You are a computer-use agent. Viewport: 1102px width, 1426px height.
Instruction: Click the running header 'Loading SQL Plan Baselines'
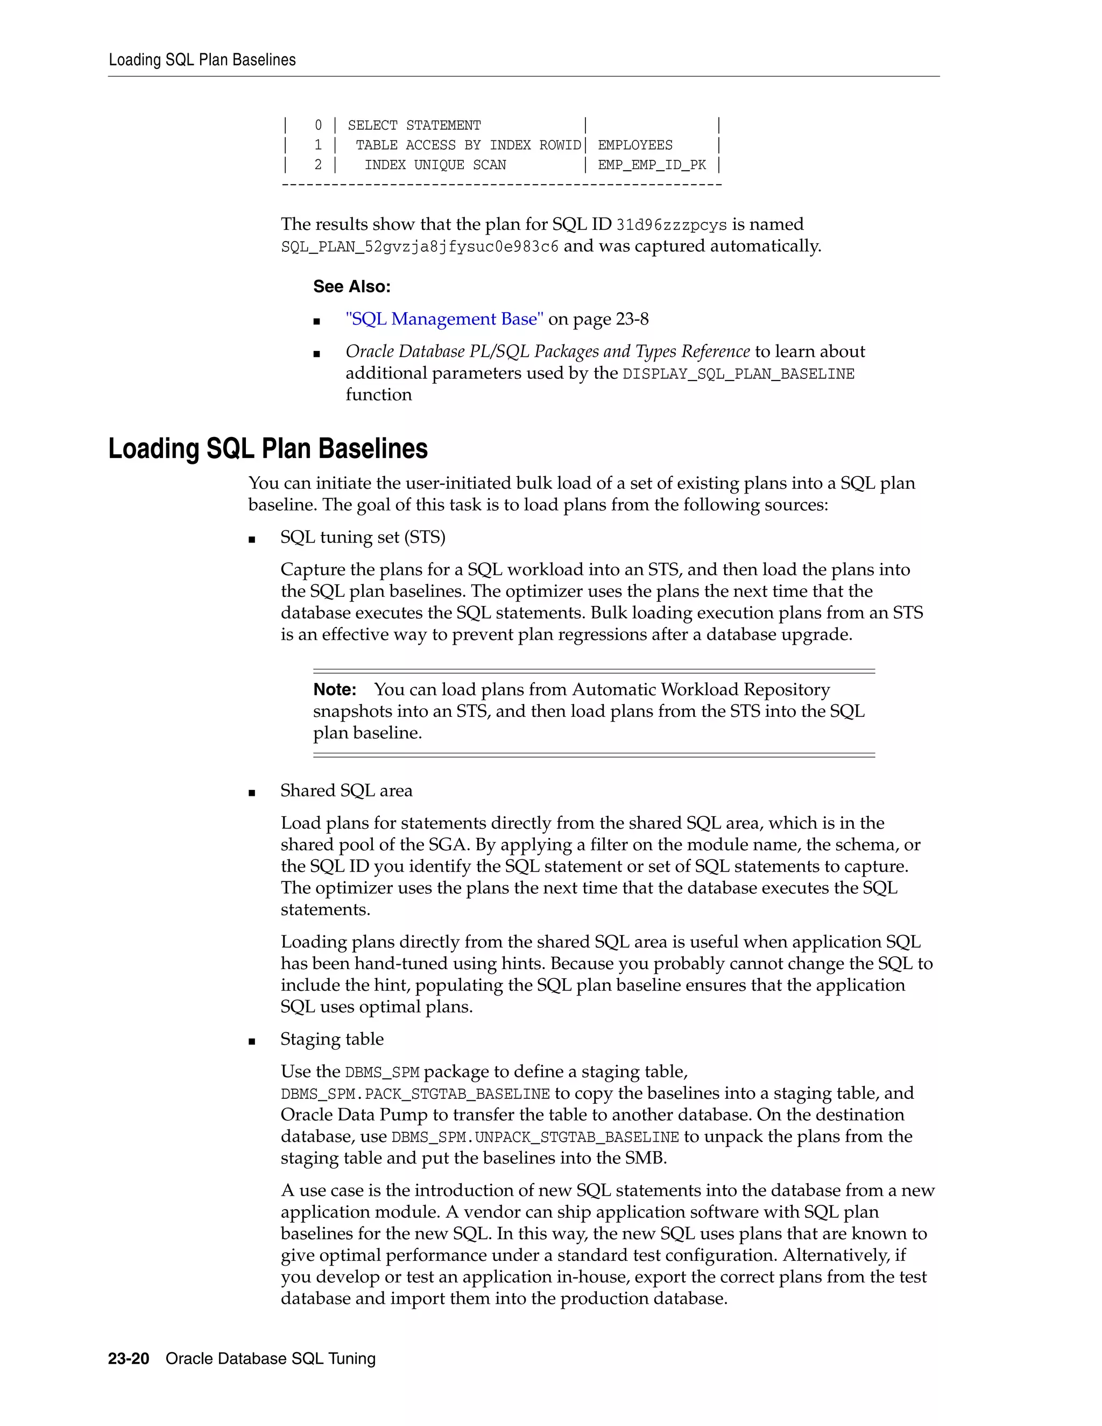pyautogui.click(x=202, y=60)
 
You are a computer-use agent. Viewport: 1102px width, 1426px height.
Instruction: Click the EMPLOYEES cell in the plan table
pyautogui.click(x=634, y=145)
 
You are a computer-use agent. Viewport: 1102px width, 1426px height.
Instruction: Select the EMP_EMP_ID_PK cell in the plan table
pyautogui.click(x=652, y=165)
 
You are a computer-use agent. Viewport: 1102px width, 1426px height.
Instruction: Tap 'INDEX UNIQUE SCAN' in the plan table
pyautogui.click(x=435, y=165)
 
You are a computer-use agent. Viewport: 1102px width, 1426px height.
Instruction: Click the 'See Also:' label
pyautogui.click(x=351, y=287)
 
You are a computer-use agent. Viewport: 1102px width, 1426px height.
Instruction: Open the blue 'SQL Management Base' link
pyautogui.click(x=444, y=319)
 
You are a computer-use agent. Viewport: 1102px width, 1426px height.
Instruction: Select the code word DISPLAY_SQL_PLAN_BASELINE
pyautogui.click(x=738, y=374)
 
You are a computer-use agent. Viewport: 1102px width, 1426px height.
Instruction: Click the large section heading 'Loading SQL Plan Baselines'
pyautogui.click(x=267, y=449)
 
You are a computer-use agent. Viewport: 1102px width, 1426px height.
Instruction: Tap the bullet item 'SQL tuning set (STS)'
pyautogui.click(x=363, y=538)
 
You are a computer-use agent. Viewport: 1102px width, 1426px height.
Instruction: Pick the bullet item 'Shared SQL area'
pyautogui.click(x=347, y=790)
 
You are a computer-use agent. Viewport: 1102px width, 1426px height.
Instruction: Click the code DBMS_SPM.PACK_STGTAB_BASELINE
pyautogui.click(x=415, y=1093)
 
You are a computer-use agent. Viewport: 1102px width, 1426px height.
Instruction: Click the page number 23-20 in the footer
pyautogui.click(x=129, y=1359)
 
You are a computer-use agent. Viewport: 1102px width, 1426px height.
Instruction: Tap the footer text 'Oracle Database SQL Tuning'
pyautogui.click(x=270, y=1359)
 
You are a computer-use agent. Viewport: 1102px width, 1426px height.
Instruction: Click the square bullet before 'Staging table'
pyautogui.click(x=252, y=1041)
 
